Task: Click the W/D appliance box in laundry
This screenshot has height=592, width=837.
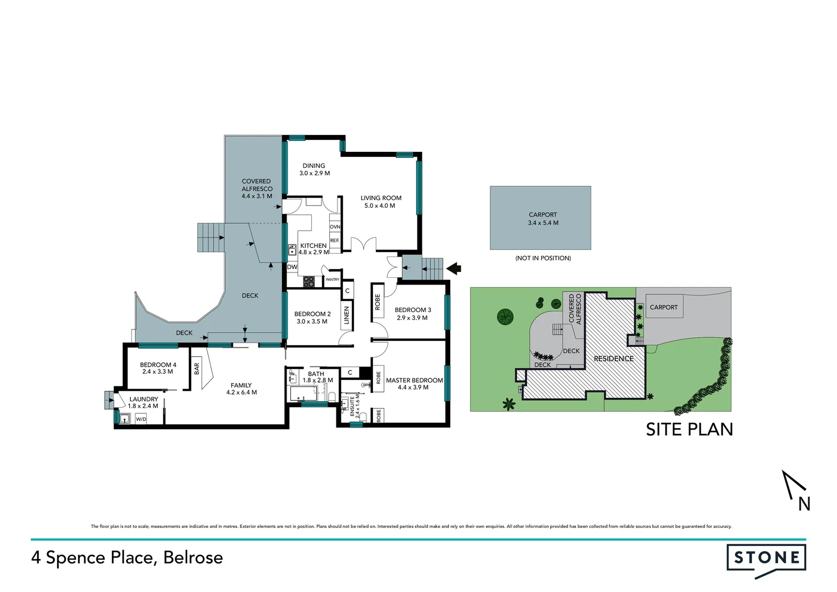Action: click(141, 419)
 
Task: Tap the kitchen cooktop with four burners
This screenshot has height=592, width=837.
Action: click(309, 282)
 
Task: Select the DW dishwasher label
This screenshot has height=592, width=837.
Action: click(293, 267)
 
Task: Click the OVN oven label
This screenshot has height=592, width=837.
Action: click(335, 227)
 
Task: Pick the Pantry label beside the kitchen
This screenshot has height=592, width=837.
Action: click(332, 280)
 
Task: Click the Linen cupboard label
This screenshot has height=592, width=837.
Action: click(346, 315)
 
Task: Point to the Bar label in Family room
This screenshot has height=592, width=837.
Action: click(197, 369)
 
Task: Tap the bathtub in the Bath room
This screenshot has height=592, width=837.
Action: click(303, 393)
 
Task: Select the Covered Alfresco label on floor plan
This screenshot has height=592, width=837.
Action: click(256, 189)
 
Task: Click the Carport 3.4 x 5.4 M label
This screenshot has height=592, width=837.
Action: click(543, 219)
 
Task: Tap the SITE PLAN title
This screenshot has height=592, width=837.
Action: click(689, 429)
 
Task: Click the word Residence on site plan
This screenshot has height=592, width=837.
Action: click(614, 358)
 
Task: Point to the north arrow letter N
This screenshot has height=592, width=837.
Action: click(804, 504)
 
